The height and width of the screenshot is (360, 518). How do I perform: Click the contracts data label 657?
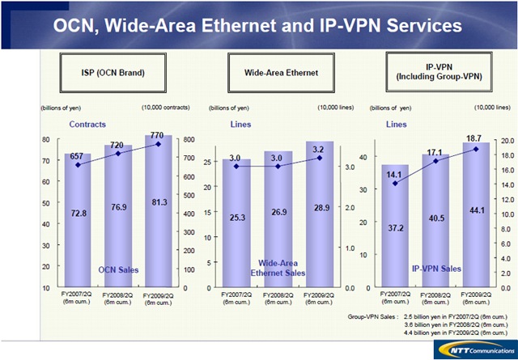pos(77,155)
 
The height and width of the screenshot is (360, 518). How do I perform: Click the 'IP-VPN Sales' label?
pos(436,268)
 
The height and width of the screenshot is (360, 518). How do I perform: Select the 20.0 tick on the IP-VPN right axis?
pos(507,140)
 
